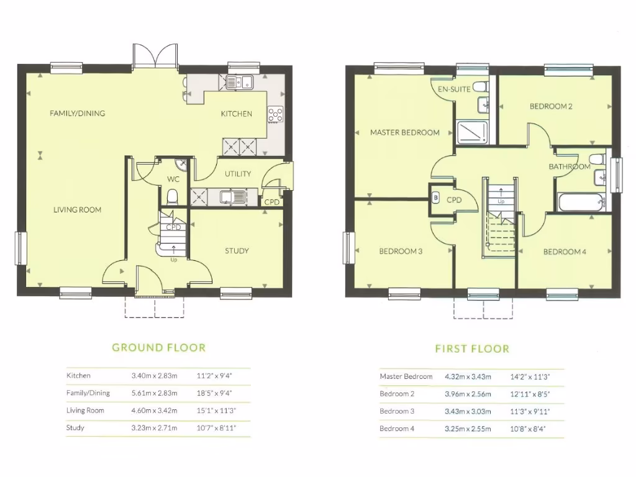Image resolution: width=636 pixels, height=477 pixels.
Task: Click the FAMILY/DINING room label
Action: [x=78, y=113]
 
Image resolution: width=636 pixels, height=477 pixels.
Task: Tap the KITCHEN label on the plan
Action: [x=237, y=114]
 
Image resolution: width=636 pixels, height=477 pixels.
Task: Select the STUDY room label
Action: [x=237, y=251]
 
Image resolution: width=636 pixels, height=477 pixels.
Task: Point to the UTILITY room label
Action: [x=238, y=174]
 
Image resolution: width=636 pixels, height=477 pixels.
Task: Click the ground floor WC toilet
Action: [x=172, y=197]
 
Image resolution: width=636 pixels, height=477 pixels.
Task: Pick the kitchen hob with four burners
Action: [x=275, y=114]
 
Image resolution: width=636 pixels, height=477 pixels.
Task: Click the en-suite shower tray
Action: [x=473, y=132]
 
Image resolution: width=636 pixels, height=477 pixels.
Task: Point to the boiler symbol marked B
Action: [x=435, y=199]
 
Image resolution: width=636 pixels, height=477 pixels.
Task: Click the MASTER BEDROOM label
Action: [x=405, y=132]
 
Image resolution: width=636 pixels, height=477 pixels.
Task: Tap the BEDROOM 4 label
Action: [x=565, y=252]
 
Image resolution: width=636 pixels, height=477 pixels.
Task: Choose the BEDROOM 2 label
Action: [x=551, y=106]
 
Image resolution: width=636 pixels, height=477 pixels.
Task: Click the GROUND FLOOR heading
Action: [x=158, y=348]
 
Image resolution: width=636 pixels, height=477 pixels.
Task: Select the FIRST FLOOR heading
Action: [x=472, y=349]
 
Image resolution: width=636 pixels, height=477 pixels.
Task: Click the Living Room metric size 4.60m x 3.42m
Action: [x=154, y=411]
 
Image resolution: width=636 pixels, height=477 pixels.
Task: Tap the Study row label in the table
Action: [x=75, y=428]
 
